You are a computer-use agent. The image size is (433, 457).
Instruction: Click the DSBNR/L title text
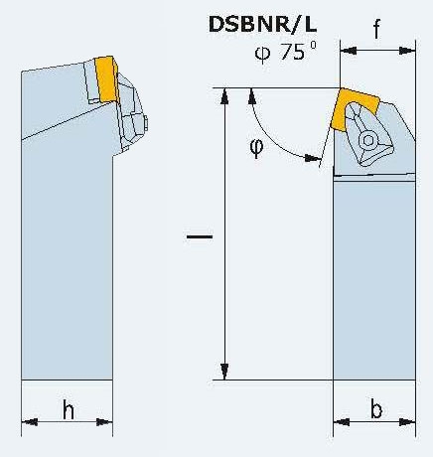pos(263,25)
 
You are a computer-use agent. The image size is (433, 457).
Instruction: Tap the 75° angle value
pos(298,51)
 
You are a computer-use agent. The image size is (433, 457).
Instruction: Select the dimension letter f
pos(376,28)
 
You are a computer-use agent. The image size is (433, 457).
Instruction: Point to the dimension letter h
pos(69,409)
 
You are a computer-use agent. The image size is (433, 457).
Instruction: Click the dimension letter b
pos(376,409)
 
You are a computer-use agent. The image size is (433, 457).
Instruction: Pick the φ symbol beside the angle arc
pos(256,148)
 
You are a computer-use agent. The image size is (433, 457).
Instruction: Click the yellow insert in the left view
pos(106,78)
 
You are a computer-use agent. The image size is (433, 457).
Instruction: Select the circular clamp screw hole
pos(368,140)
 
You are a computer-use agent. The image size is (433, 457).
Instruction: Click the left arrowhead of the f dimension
pos(349,51)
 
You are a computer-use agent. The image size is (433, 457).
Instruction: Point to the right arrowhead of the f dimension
pos(407,51)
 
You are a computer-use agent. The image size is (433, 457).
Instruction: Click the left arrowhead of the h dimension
pos(30,422)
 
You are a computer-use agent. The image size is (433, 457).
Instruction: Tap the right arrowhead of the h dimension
pos(104,422)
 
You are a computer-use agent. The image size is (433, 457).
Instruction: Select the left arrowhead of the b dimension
pos(342,422)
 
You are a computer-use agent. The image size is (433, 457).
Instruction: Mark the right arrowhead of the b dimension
pos(407,422)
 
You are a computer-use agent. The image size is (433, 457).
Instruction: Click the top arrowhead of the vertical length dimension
pos(224,96)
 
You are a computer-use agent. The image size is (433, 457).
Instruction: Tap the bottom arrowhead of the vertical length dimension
pos(224,372)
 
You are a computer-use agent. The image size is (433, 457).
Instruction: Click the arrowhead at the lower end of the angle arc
pos(313,158)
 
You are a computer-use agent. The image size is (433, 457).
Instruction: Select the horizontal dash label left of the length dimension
pos(200,236)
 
